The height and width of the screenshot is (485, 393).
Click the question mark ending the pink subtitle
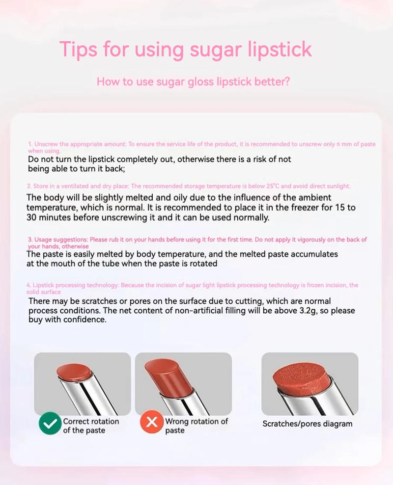click(287, 81)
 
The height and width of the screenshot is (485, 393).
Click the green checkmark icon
click(50, 424)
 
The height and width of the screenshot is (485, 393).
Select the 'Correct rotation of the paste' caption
click(91, 426)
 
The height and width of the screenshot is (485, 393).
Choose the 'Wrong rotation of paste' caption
click(196, 426)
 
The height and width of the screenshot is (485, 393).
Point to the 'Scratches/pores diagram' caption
click(308, 424)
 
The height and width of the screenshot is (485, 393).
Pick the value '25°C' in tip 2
click(272, 186)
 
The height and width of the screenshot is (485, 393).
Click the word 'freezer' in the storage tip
click(297, 208)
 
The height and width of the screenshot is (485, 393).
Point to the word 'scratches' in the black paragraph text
click(101, 301)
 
